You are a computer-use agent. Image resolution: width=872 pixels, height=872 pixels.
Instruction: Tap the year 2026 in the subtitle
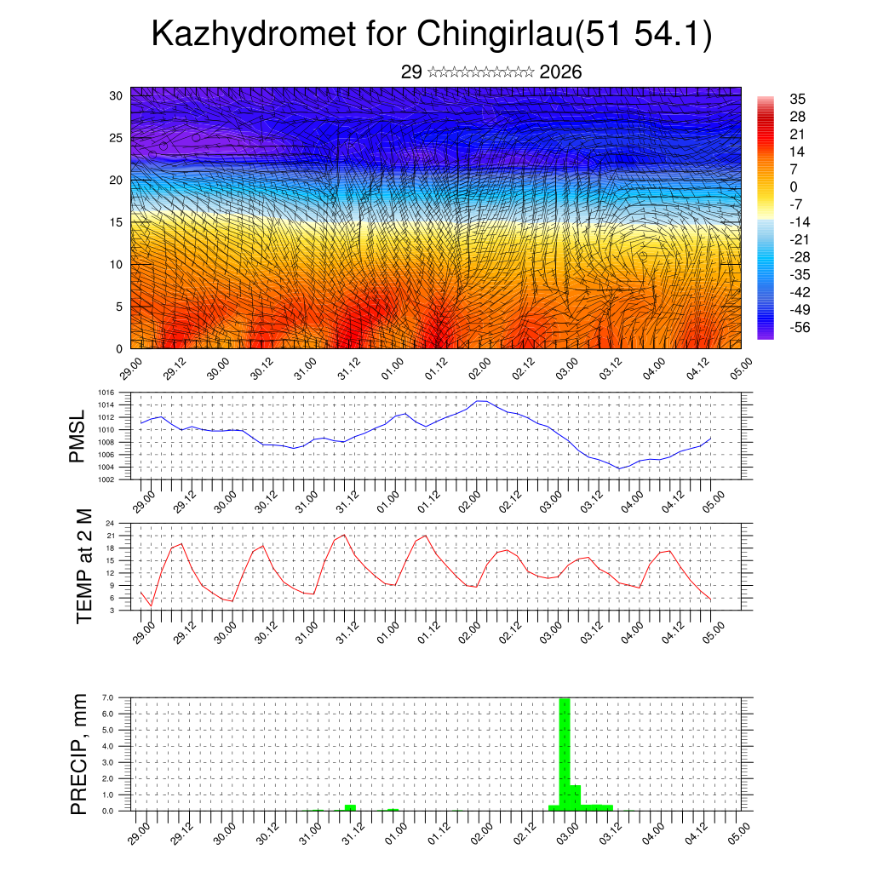(560, 72)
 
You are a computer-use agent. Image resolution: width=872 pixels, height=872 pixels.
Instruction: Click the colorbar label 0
(794, 186)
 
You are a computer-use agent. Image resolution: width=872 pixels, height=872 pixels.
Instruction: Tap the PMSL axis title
(77, 436)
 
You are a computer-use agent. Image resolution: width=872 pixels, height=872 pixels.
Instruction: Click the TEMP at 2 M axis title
(84, 565)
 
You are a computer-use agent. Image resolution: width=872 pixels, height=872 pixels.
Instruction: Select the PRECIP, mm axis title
(79, 754)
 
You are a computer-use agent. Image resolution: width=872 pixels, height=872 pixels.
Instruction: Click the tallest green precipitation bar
(564, 754)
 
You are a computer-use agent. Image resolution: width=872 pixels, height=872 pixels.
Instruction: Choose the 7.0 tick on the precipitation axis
(108, 697)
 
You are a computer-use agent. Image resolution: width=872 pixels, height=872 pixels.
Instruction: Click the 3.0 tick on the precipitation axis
(108, 762)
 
